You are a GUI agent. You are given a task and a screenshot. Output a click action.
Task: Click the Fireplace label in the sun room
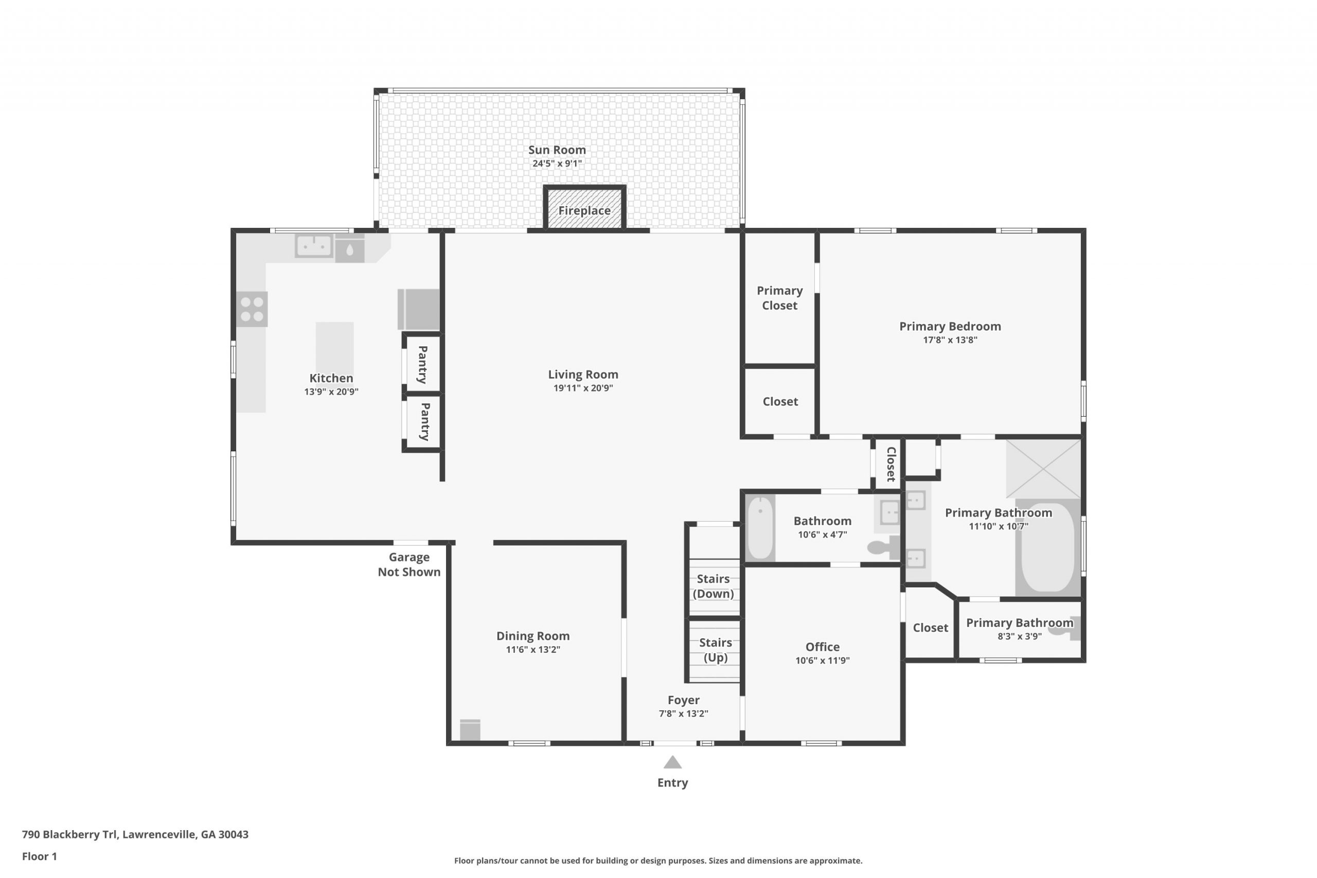click(584, 210)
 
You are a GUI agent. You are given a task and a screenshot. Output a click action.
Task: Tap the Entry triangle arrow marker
click(672, 762)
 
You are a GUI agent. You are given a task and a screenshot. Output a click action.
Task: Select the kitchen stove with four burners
click(252, 309)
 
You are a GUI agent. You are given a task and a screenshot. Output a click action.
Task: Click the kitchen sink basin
click(314, 246)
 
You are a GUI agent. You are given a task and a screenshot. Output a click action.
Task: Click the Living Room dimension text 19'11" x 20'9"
click(583, 388)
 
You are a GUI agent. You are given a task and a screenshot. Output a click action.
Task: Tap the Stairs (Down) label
click(713, 586)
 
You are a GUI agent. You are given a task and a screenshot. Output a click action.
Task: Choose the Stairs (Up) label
click(716, 650)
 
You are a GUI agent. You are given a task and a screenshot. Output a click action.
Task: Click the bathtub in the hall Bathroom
click(760, 528)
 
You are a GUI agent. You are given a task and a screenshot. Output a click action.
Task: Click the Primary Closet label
click(779, 298)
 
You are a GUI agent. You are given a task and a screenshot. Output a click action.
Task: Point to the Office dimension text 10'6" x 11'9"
click(822, 660)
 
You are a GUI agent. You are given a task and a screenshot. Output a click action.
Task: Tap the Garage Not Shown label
click(409, 564)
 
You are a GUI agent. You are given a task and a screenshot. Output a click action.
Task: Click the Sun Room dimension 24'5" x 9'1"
click(557, 164)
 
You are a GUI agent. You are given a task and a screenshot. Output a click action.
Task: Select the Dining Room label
click(532, 636)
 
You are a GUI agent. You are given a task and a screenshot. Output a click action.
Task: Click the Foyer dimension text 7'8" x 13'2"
click(683, 713)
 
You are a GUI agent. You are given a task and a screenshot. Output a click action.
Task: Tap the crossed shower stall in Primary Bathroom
click(1043, 469)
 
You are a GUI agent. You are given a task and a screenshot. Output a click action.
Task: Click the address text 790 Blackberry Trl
click(69, 834)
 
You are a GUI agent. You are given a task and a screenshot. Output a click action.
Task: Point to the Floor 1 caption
click(39, 856)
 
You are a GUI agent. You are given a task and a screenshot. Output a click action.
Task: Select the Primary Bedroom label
click(950, 327)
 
